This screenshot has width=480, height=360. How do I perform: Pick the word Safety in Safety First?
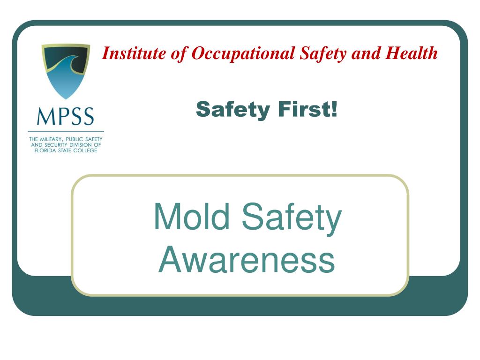tap(233, 110)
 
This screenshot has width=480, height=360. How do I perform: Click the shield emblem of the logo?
tap(66, 70)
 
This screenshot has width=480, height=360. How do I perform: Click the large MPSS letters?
tap(66, 116)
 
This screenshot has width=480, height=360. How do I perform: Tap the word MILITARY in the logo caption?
tap(53, 140)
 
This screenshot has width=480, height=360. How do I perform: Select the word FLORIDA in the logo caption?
tap(45, 150)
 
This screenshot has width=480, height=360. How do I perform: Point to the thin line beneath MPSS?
tap(66, 132)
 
